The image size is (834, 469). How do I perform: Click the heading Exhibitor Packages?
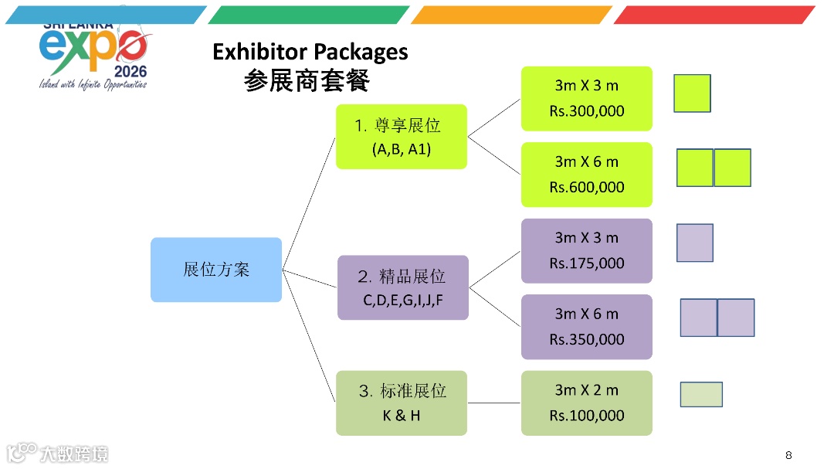pos(310,52)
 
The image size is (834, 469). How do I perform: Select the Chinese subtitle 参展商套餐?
pos(307,80)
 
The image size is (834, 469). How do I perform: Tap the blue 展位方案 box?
pos(216,270)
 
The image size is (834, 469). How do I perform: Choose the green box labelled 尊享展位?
pos(402,137)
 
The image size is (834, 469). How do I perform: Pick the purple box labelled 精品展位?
pos(403,287)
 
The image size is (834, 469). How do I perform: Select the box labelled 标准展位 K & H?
pos(402,403)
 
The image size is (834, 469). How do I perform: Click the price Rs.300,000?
pos(587,111)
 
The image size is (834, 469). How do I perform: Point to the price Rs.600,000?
pos(587,187)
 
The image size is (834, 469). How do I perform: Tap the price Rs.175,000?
pos(587,263)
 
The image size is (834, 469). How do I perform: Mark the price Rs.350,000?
pos(587,339)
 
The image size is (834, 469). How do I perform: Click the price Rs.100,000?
pos(587,416)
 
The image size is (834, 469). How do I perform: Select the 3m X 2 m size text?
pos(587,390)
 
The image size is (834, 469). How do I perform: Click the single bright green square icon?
pos(692,93)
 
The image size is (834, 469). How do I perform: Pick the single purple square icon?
pos(695,243)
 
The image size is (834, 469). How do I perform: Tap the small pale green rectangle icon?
pos(701,394)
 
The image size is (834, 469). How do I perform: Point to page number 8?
pos(788,454)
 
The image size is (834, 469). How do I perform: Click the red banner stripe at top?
pos(714,15)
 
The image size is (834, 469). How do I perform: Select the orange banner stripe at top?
pos(511,15)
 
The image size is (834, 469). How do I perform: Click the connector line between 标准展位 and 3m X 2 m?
pos(494,403)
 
